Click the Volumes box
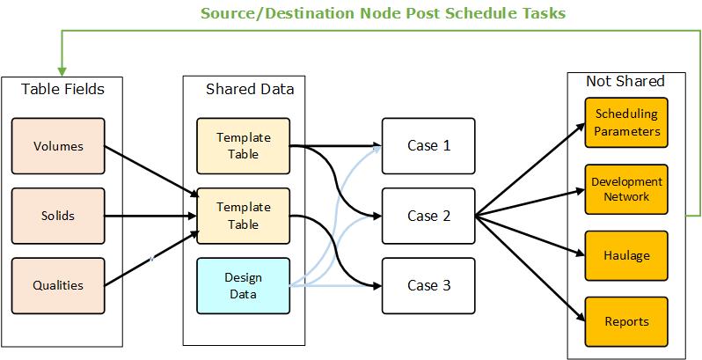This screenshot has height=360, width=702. click(58, 146)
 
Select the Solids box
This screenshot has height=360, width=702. click(58, 216)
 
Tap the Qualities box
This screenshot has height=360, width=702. click(58, 286)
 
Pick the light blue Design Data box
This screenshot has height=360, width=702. click(243, 286)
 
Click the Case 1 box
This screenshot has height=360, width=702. click(428, 146)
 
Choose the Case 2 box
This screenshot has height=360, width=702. click(428, 216)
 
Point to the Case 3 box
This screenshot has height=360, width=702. click(428, 286)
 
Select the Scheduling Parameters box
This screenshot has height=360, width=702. click(626, 122)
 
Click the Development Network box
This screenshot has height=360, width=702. click(626, 189)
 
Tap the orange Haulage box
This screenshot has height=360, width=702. click(626, 255)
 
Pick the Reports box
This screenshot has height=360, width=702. click(626, 321)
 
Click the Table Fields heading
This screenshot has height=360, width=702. click(62, 89)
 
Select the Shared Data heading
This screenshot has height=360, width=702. click(250, 89)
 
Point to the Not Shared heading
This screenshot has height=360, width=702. click(625, 81)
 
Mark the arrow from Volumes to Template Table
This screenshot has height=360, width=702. click(152, 171)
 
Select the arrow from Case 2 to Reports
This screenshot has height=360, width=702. click(530, 268)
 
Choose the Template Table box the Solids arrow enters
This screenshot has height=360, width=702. click(243, 216)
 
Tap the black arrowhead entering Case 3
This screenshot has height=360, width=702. click(377, 286)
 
